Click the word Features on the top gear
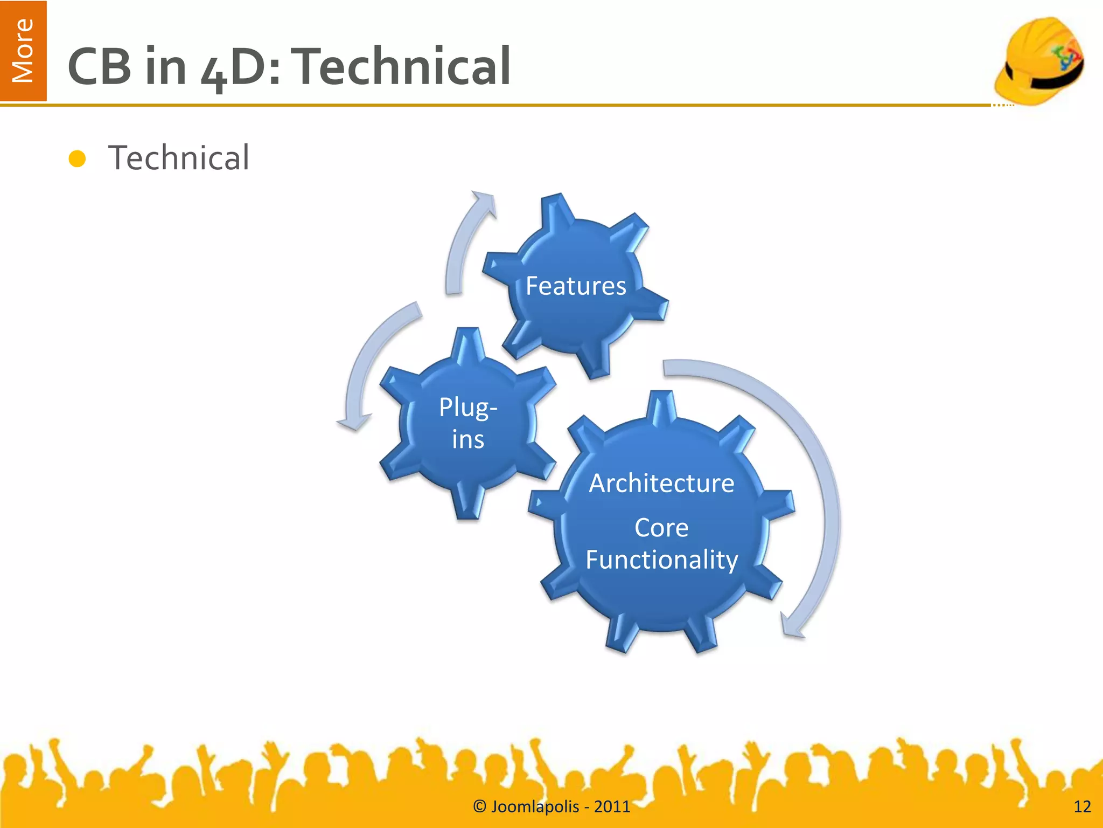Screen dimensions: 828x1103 click(576, 286)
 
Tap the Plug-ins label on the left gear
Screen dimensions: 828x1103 click(468, 424)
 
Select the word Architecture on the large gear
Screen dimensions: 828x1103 click(661, 483)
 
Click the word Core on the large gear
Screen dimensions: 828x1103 click(661, 528)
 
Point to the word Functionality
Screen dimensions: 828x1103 click(661, 560)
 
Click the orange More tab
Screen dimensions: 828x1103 click(23, 51)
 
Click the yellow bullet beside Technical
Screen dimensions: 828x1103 click(78, 159)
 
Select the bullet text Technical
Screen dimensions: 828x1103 click(179, 158)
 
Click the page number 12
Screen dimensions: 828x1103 click(1082, 806)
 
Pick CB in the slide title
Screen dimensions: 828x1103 click(100, 66)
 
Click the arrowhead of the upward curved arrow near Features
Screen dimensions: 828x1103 click(483, 202)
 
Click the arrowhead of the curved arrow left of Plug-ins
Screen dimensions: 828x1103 click(354, 422)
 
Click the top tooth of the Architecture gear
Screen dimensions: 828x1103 click(661, 407)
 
